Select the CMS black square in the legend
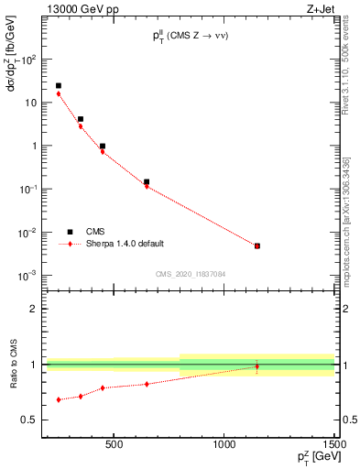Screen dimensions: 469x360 click(x=70, y=232)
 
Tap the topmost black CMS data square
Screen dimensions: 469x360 click(x=59, y=86)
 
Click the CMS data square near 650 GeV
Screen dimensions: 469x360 click(x=147, y=181)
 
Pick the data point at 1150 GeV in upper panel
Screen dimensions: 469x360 click(x=257, y=245)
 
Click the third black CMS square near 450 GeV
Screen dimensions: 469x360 click(x=103, y=146)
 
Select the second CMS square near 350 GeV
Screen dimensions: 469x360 click(x=81, y=119)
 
